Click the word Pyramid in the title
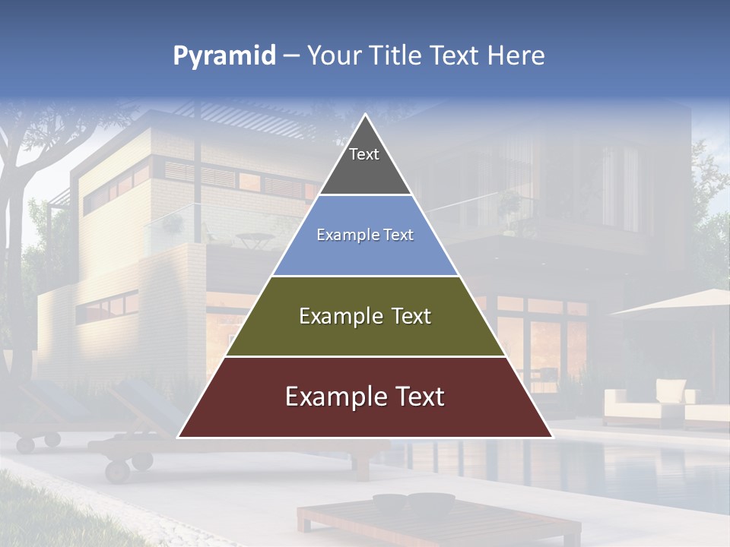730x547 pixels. click(224, 56)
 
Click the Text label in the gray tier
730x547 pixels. click(364, 154)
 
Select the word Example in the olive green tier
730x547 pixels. click(339, 316)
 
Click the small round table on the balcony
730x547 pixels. click(255, 239)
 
